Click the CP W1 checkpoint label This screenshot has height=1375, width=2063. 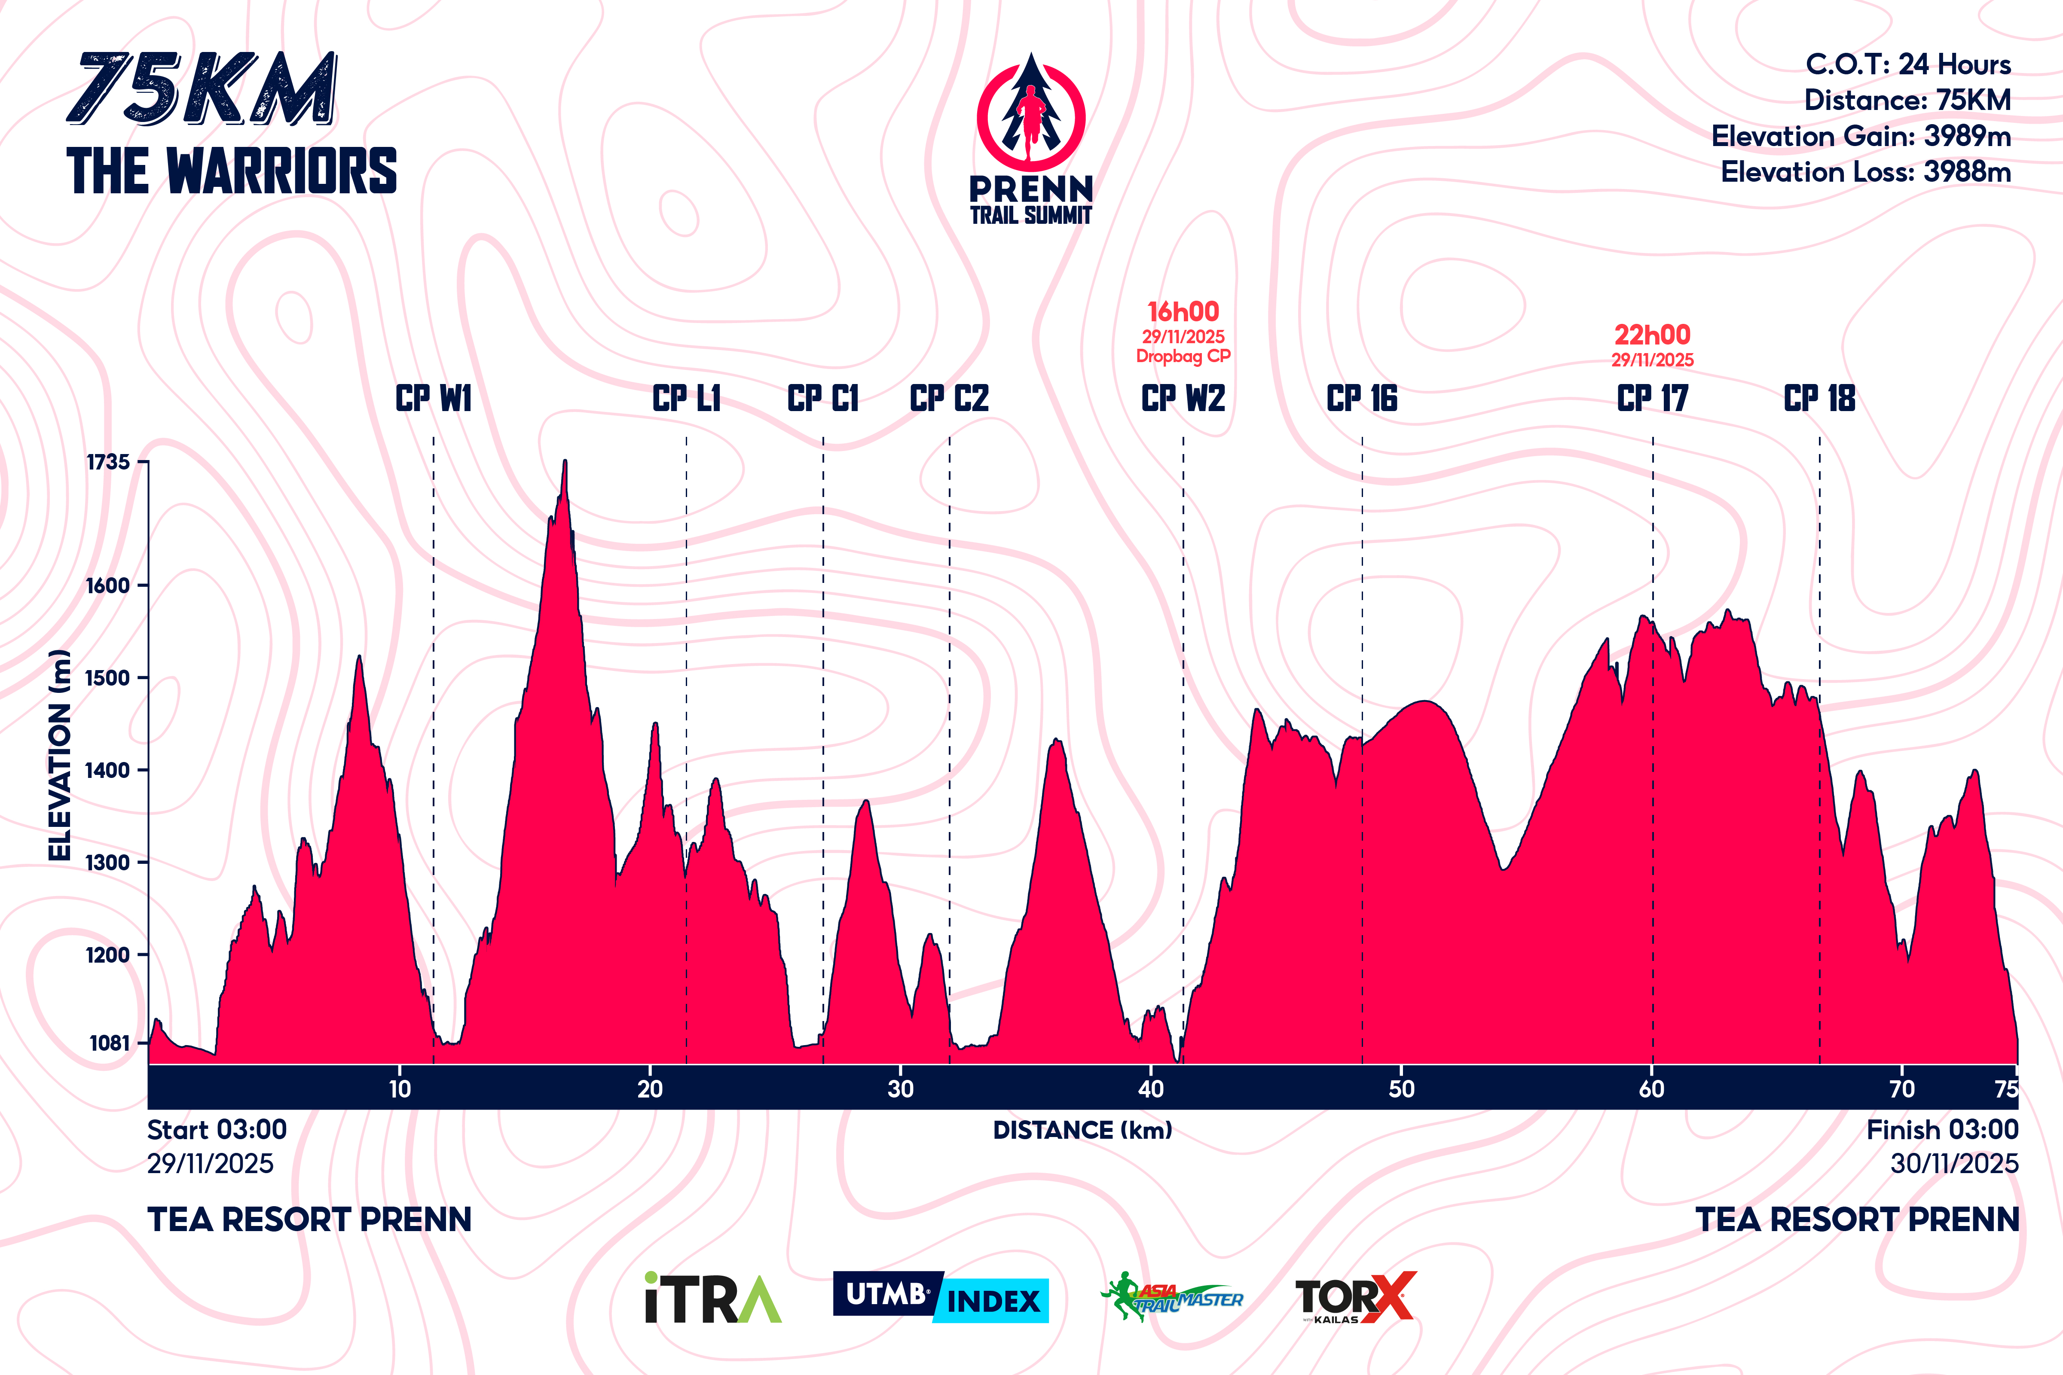tap(433, 399)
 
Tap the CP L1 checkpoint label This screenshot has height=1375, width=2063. tap(687, 399)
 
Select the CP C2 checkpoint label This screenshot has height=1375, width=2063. tap(949, 399)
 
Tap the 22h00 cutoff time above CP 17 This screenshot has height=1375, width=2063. tap(1653, 335)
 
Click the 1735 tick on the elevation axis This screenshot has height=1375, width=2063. tap(108, 462)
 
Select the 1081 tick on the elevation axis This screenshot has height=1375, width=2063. tap(110, 1043)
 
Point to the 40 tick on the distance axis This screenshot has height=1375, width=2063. tap(1151, 1089)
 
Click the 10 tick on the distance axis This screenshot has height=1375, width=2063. tap(400, 1089)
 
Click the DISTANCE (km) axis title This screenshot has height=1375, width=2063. tap(1082, 1130)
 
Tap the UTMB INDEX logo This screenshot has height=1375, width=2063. tap(940, 1297)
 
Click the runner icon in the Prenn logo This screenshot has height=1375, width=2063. tap(1031, 119)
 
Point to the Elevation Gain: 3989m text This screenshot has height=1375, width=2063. tap(1861, 136)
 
